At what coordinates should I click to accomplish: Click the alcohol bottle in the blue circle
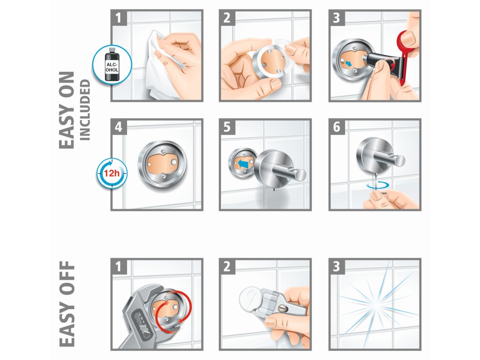[x=112, y=64]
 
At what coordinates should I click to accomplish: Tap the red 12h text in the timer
[x=112, y=173]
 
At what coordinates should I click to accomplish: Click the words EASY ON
[x=67, y=110]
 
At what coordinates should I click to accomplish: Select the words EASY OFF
[x=67, y=304]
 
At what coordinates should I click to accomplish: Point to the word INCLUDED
[x=85, y=110]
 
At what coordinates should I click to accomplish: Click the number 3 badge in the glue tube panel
[x=337, y=18]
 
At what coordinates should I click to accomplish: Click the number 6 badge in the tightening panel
[x=337, y=127]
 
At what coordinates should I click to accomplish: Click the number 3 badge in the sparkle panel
[x=337, y=267]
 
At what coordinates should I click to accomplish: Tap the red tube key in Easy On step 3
[x=405, y=52]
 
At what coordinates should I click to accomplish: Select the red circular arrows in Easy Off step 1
[x=173, y=309]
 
